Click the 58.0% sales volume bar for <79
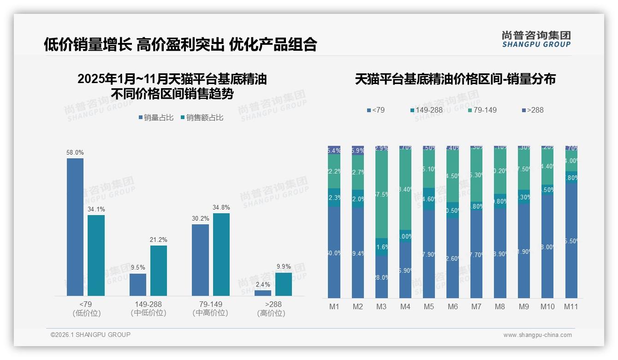75,227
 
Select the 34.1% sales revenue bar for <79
96,255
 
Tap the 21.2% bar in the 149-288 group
158,270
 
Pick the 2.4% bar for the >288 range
263,293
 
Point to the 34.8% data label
221,208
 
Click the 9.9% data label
284,267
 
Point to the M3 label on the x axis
381,306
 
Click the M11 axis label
571,306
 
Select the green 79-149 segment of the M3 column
381,194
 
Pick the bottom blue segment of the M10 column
547,246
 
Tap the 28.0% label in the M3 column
381,277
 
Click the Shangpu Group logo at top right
536,39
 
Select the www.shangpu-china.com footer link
537,335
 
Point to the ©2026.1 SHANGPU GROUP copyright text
90,335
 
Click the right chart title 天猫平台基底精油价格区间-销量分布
455,79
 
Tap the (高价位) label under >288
271,313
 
